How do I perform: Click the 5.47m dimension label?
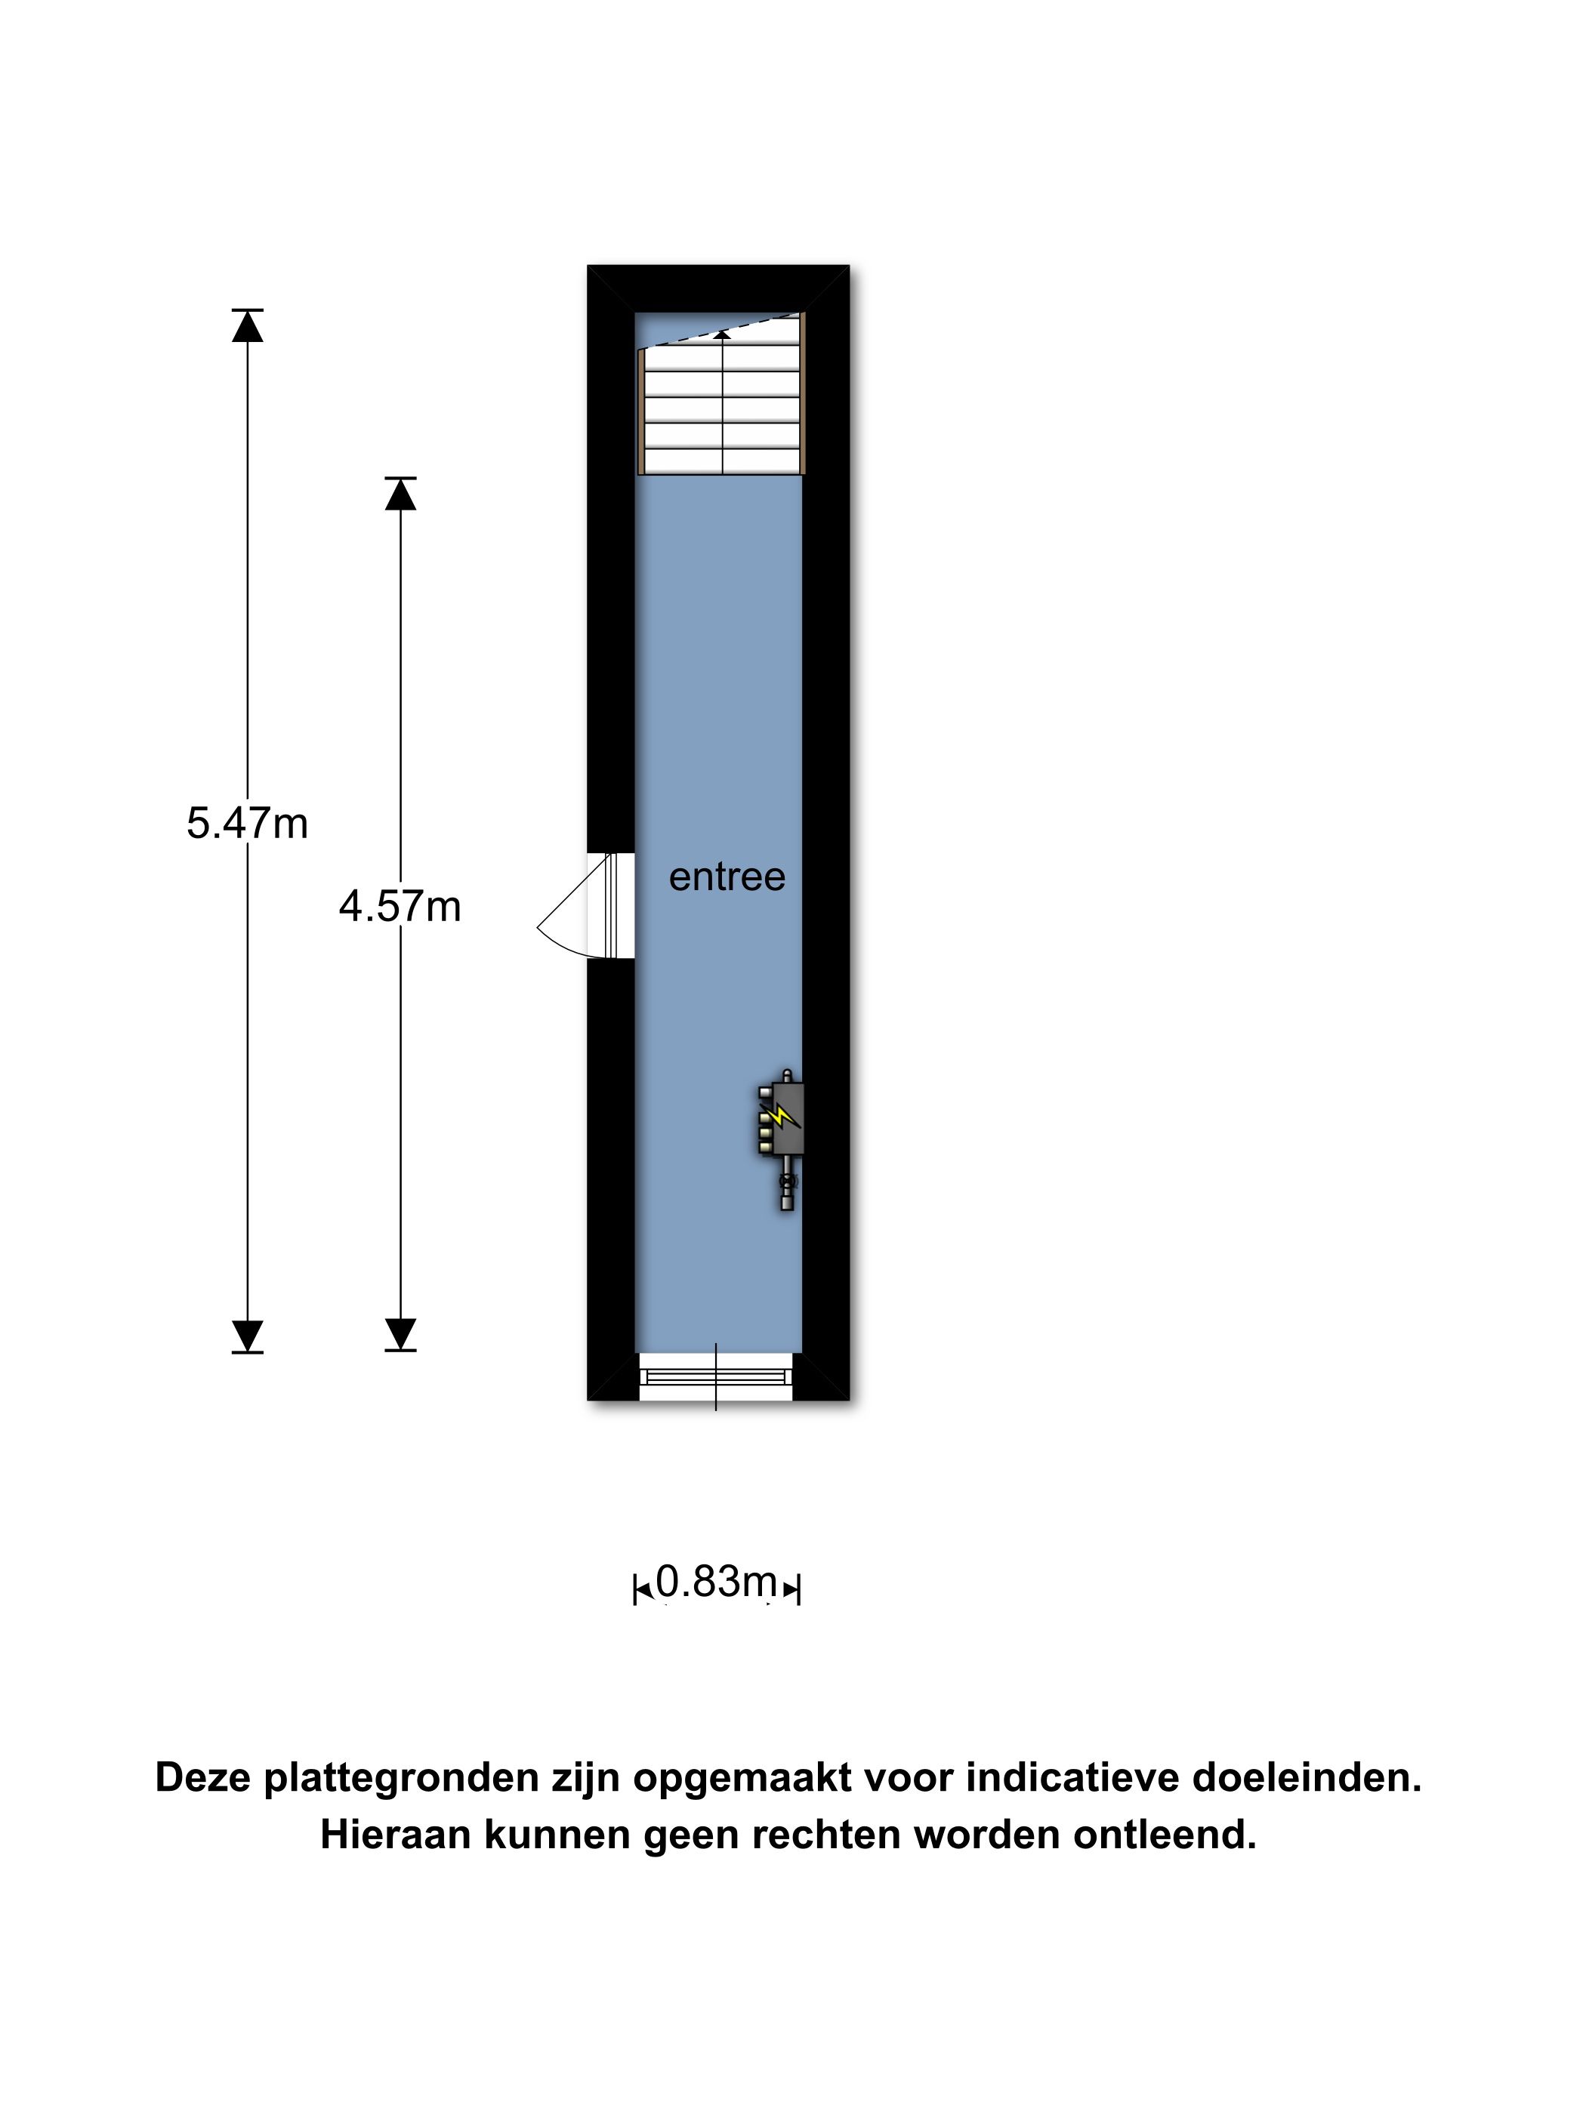click(247, 823)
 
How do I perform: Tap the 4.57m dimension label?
click(400, 906)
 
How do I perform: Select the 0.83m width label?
click(716, 1581)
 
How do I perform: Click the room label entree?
click(727, 877)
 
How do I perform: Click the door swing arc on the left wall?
click(564, 917)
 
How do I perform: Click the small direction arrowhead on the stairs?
click(723, 334)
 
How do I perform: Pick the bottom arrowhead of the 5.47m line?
click(248, 1334)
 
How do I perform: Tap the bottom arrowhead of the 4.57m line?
click(400, 1333)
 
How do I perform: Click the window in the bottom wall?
click(716, 1376)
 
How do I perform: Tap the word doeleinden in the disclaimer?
click(1306, 1777)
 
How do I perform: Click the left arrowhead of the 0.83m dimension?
click(643, 1589)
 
